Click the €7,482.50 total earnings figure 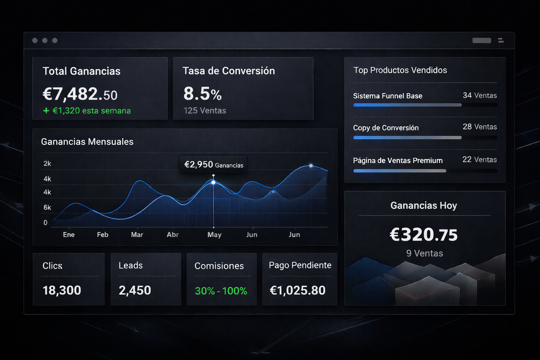click(x=80, y=94)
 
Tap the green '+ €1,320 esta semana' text click(x=87, y=111)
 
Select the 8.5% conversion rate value click(x=202, y=94)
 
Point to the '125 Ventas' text click(x=204, y=111)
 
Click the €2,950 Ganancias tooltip click(x=213, y=165)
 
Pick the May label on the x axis click(x=214, y=235)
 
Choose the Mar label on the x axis click(x=137, y=235)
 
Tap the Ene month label click(x=69, y=235)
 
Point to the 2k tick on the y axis click(x=47, y=164)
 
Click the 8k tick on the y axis click(x=47, y=208)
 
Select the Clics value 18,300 click(x=62, y=291)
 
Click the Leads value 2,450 click(x=135, y=291)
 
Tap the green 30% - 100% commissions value click(x=221, y=291)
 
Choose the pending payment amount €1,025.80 click(x=298, y=291)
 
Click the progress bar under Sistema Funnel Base click(x=407, y=105)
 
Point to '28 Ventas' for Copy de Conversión click(x=480, y=127)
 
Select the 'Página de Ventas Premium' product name click(x=398, y=161)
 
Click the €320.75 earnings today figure click(x=424, y=235)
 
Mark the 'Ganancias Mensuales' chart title click(x=87, y=142)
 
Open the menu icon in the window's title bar click(x=501, y=40)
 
